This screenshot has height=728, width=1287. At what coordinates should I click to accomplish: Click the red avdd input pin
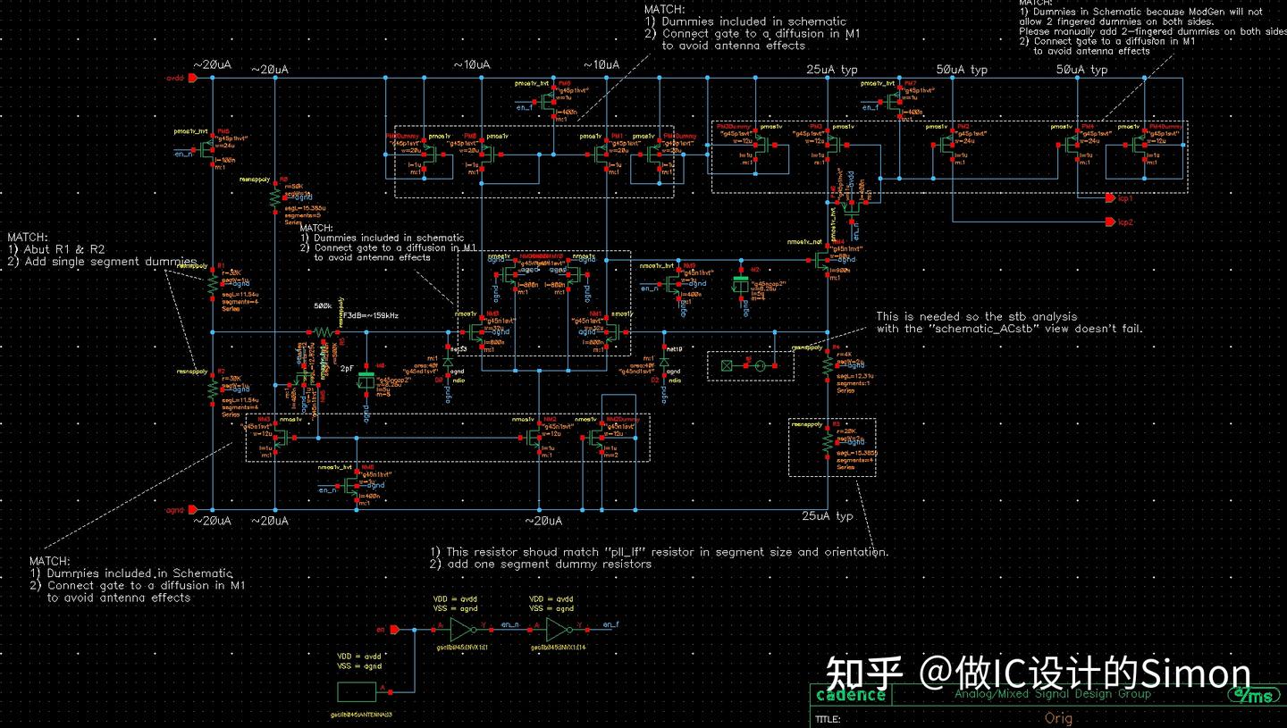point(191,78)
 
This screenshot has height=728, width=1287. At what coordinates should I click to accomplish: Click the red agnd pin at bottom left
point(191,510)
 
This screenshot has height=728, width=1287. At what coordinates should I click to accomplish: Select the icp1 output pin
point(1110,197)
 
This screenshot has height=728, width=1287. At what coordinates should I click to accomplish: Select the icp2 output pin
point(1110,222)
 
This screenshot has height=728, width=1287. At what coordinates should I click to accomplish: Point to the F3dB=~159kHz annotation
point(371,316)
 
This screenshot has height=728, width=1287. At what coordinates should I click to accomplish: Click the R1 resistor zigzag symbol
point(213,284)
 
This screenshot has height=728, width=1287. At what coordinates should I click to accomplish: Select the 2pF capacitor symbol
point(364,380)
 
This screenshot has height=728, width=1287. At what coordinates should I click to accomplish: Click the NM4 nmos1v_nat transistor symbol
point(825,260)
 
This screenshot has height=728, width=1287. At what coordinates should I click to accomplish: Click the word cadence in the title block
point(851,695)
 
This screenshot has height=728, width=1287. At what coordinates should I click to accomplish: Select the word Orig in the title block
point(1058,718)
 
